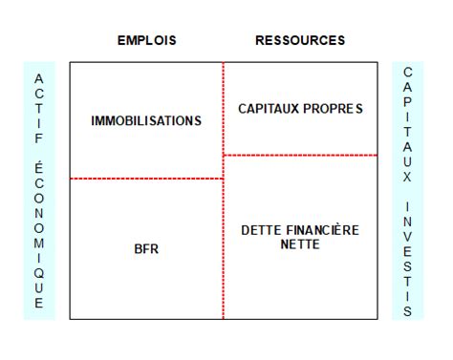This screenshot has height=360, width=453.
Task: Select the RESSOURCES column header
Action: click(x=300, y=41)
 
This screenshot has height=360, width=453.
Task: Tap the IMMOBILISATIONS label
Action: click(x=146, y=121)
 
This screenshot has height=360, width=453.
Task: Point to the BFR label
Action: click(x=146, y=249)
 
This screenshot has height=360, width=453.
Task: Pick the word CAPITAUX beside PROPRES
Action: click(x=268, y=109)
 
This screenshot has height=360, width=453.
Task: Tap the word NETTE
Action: click(x=300, y=244)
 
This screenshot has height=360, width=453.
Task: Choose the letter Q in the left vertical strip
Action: click(x=39, y=272)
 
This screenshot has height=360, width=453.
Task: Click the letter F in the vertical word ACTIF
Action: click(x=39, y=137)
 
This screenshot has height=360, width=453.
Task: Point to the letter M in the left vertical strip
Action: click(x=39, y=242)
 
